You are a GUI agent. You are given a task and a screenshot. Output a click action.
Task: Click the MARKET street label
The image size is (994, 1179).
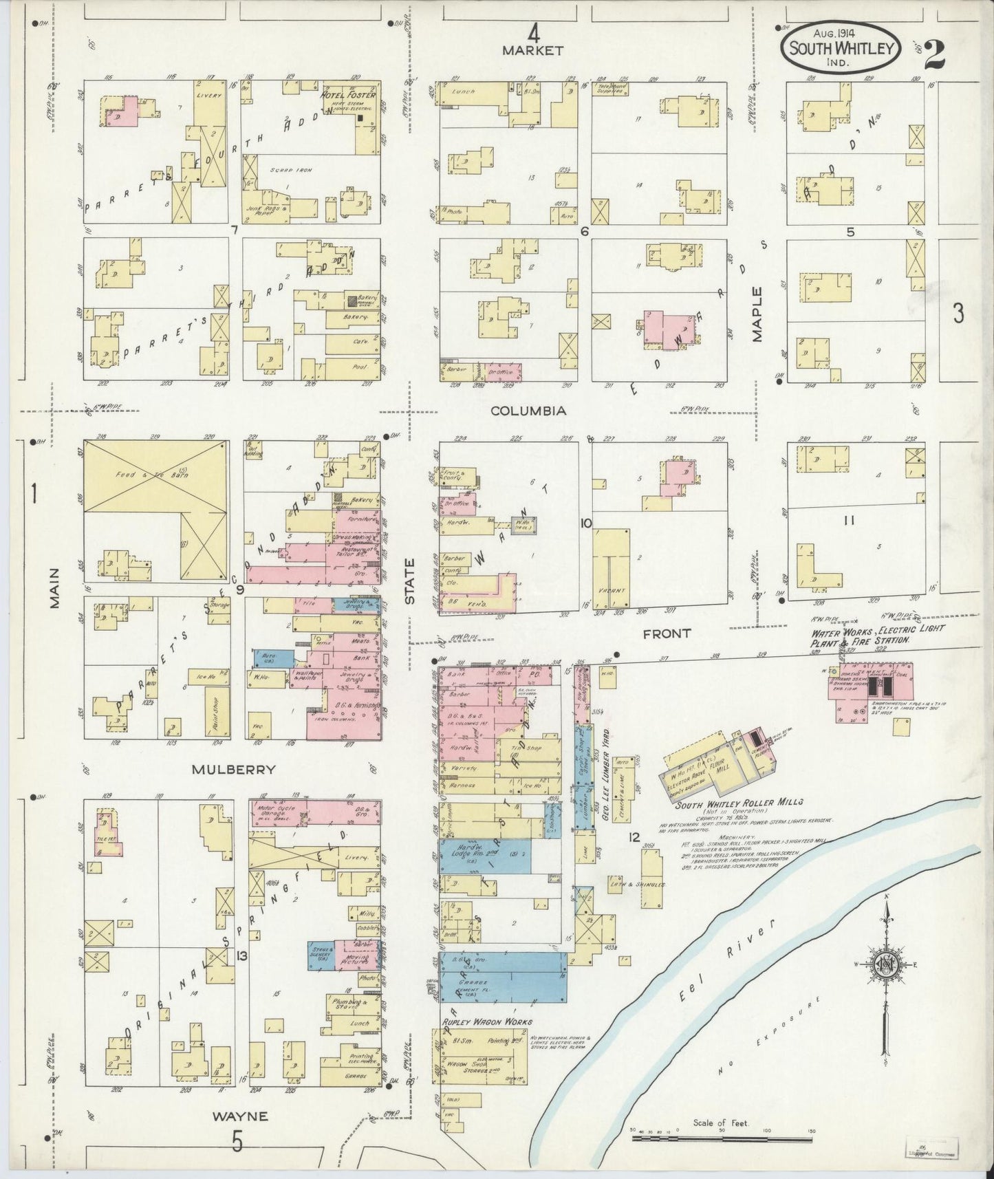coord(532,50)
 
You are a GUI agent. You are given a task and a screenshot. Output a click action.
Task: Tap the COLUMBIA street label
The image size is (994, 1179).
coord(528,411)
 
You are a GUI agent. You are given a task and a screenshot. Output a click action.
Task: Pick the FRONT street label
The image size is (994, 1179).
coord(666,633)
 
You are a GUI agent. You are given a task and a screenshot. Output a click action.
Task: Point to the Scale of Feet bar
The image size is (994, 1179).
coord(722,1139)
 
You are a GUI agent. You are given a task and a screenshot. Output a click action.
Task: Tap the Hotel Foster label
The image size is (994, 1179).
coord(350,94)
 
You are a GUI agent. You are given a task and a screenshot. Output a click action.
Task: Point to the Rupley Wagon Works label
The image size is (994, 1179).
coord(481,1022)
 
